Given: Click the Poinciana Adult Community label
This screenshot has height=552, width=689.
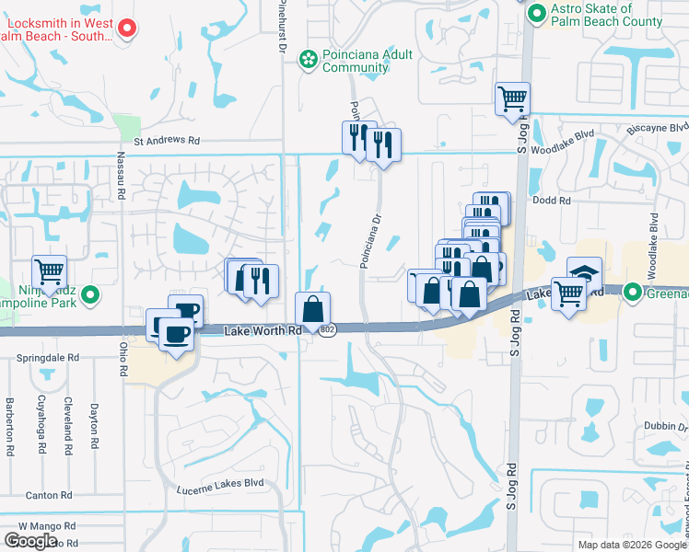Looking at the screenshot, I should click(x=363, y=61).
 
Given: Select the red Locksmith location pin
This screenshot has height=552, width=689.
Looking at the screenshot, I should click(x=128, y=29).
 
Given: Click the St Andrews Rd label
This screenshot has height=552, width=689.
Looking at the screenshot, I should click(x=167, y=141).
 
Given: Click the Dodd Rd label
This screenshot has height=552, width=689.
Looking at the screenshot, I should click(x=553, y=200).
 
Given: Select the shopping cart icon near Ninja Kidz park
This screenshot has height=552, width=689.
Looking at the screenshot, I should click(x=49, y=271).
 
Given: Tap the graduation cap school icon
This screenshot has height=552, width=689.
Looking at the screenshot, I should click(x=584, y=272).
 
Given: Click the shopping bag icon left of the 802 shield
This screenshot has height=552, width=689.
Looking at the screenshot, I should click(x=312, y=308).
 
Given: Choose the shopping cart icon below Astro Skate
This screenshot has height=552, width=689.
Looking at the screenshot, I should click(x=512, y=98).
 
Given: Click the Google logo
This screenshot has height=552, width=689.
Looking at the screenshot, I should click(x=30, y=541).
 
